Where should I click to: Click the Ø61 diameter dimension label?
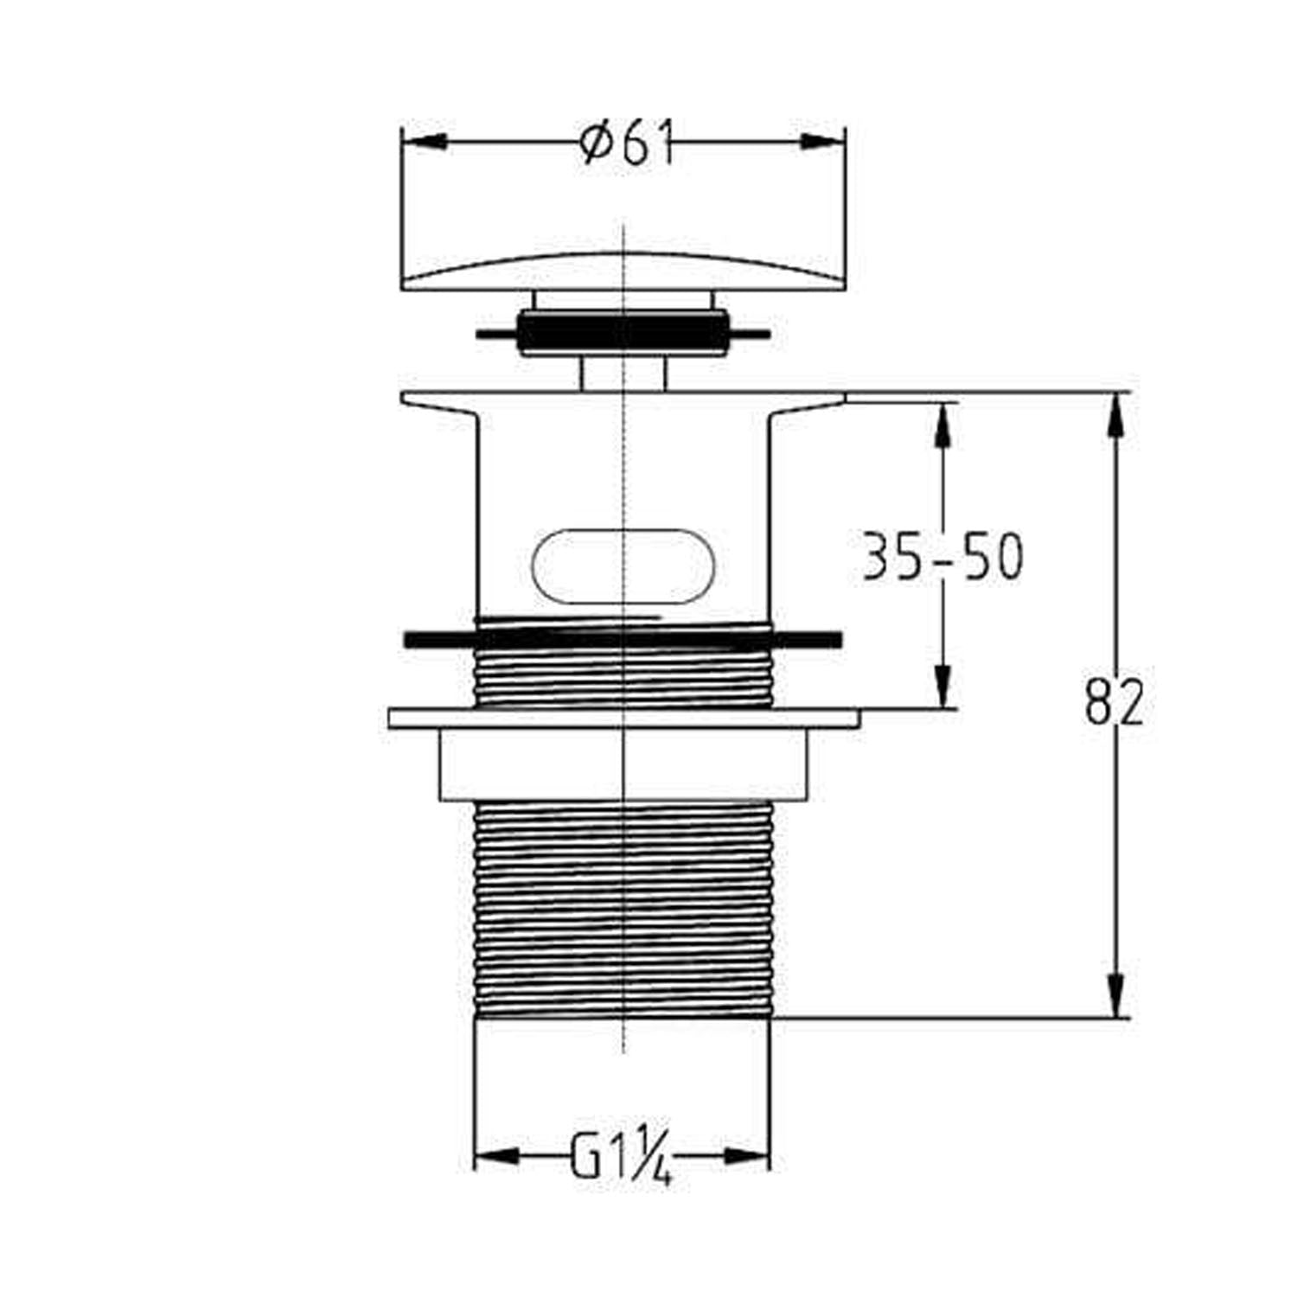point(627,144)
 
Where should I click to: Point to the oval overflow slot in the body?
point(623,565)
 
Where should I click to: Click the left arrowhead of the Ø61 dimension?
point(425,142)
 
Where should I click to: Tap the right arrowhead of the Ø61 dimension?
point(821,142)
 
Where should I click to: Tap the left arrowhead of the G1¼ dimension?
point(497,1156)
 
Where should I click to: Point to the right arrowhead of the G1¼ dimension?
point(747,1156)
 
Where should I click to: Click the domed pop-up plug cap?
point(623,272)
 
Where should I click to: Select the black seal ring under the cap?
point(623,333)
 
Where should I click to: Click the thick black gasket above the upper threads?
point(623,639)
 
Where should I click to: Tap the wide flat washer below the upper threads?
point(623,719)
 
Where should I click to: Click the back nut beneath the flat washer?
point(623,764)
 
